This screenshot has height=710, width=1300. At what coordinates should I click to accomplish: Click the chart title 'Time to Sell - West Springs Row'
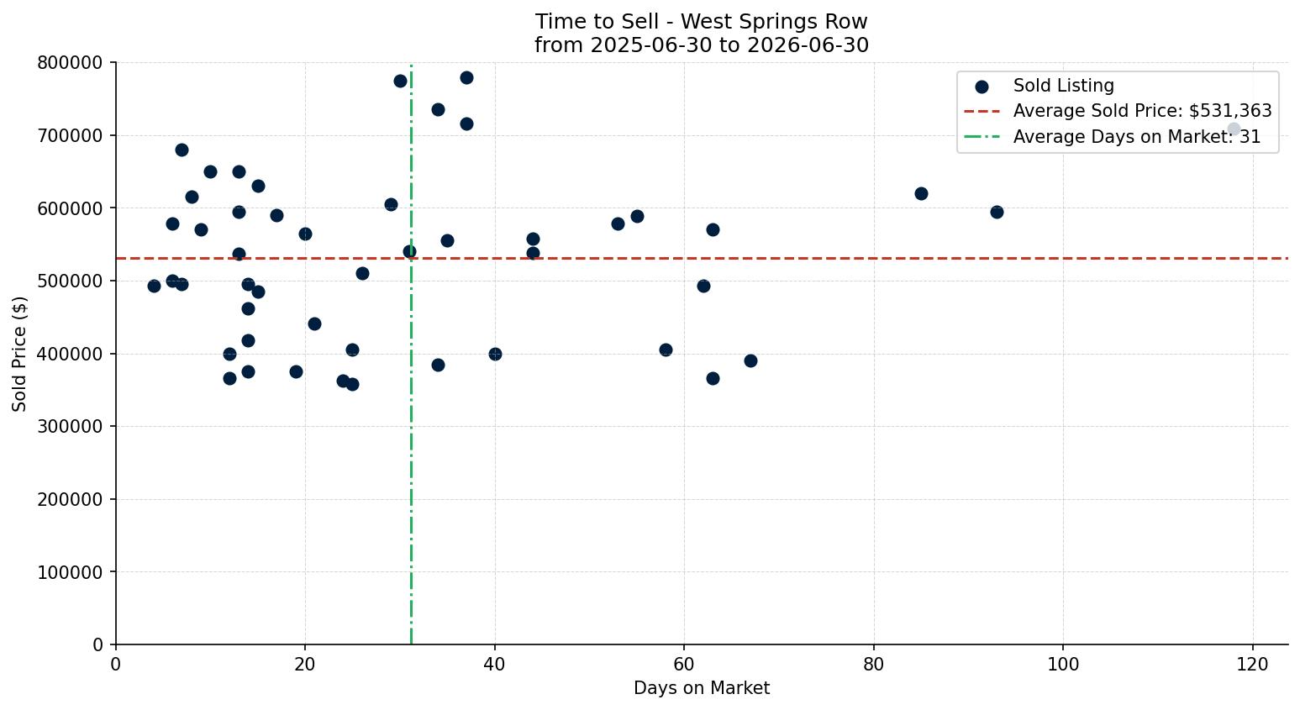pos(701,22)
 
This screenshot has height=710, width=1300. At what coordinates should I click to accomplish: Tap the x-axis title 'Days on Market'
pos(701,688)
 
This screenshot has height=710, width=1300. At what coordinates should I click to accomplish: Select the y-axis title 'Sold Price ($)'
pos(19,354)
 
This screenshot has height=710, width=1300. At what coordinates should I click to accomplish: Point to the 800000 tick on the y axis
pos(70,63)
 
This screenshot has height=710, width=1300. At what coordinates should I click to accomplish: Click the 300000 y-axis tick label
pos(70,426)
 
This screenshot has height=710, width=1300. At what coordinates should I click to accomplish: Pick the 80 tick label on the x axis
pos(873,664)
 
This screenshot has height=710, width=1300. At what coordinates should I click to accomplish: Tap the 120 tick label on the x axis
pos(1252,664)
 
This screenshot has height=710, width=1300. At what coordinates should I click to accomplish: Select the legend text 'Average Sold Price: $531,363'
pos(1142,111)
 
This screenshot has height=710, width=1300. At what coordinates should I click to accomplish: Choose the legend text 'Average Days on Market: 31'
pos(1136,137)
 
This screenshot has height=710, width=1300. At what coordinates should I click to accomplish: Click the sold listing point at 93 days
pos(997,213)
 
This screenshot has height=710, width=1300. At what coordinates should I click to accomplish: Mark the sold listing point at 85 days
pos(921,194)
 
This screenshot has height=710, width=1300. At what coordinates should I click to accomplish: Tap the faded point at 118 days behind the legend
pos(1234,129)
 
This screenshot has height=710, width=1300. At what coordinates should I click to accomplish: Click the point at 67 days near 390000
pos(750,360)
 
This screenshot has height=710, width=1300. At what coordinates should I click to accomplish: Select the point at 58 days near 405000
pos(666,350)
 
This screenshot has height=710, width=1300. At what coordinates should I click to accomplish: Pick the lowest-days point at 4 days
pos(154,286)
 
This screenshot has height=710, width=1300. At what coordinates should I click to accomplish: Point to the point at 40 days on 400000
pos(495,354)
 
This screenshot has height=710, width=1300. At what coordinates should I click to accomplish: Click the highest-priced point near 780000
pos(466,78)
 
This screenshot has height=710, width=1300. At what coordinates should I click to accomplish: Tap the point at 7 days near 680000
pos(182,150)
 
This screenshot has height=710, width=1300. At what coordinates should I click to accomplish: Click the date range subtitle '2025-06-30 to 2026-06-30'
pos(729,45)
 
